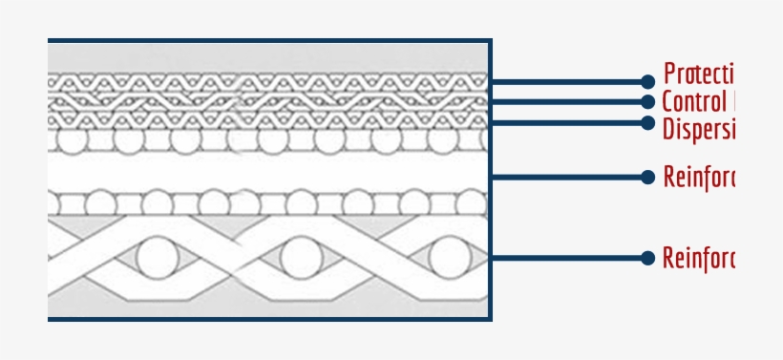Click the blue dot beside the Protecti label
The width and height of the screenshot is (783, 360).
tap(647, 82)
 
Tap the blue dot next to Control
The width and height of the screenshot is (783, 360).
tap(647, 102)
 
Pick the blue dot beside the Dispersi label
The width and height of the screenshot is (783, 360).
tap(647, 122)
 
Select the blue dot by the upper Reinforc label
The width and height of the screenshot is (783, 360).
tap(647, 177)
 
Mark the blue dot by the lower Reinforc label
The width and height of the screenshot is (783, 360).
tap(647, 258)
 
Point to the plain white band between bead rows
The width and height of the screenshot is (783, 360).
tap(267, 174)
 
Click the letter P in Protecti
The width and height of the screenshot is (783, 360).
tap(670, 74)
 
